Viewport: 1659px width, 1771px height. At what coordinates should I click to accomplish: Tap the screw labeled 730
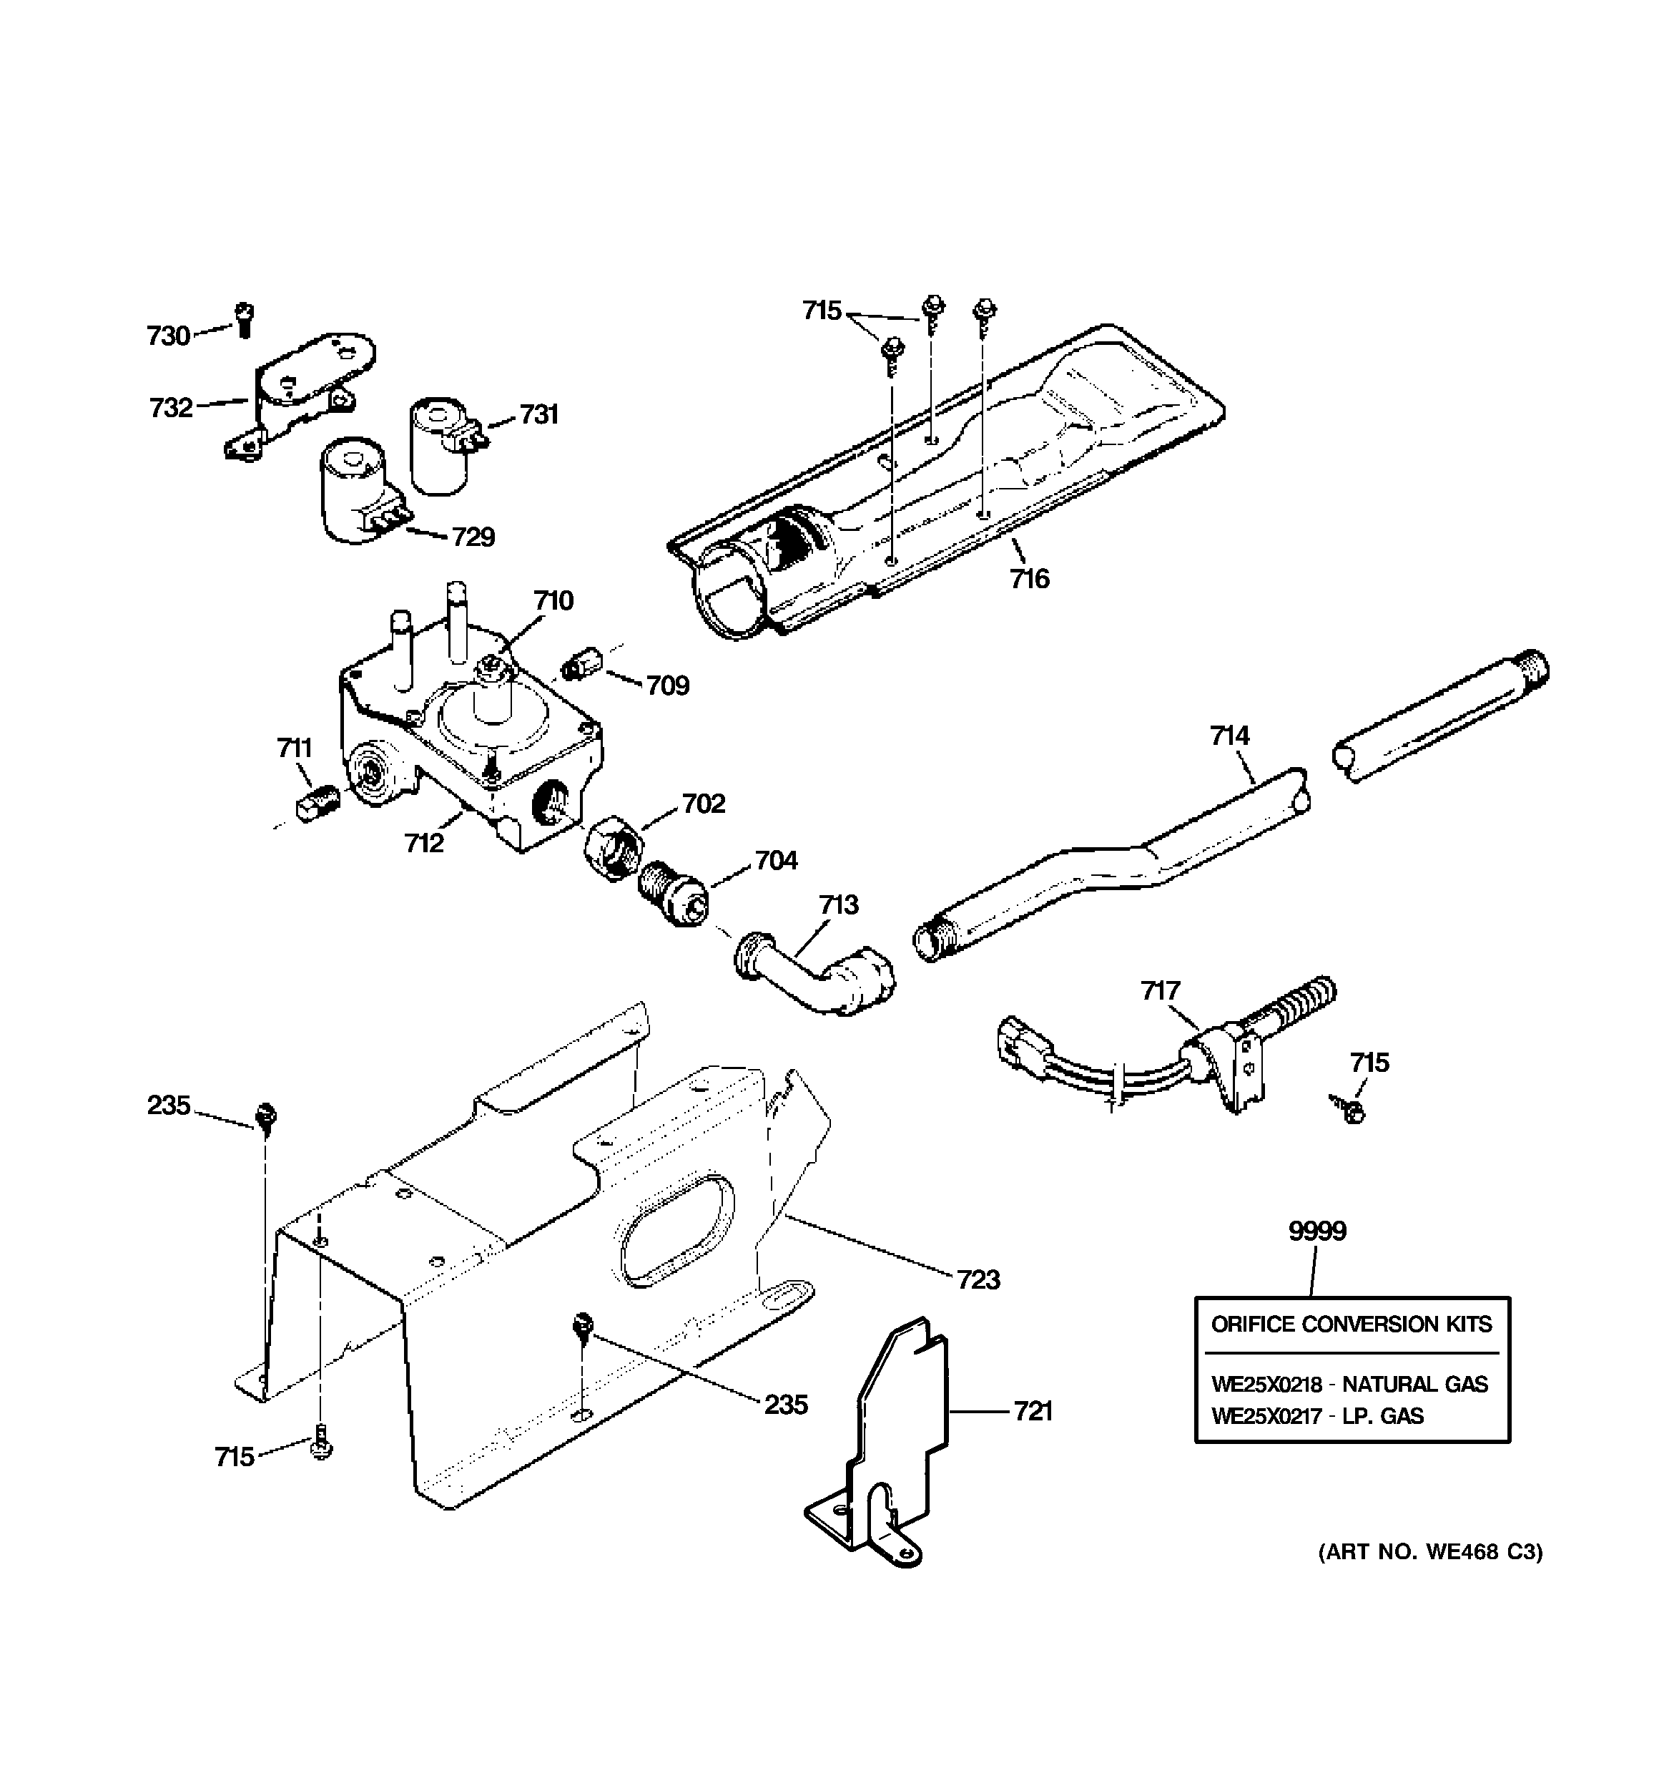(244, 319)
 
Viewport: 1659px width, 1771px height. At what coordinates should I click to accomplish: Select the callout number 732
(171, 407)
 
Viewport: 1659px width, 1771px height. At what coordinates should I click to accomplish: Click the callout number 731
(538, 414)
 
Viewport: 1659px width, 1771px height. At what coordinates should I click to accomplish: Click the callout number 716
(1030, 579)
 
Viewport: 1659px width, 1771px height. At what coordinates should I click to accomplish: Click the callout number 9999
(1317, 1231)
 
